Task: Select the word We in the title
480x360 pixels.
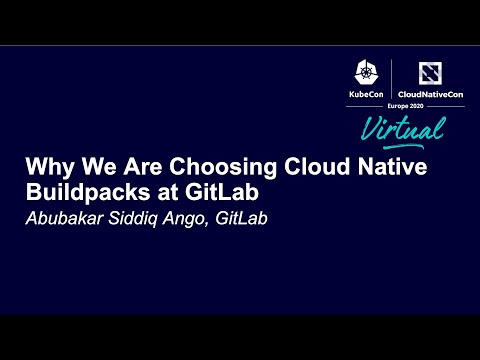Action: click(88, 168)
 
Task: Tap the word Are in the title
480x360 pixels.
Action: click(127, 168)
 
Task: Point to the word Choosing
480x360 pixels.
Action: click(197, 168)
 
